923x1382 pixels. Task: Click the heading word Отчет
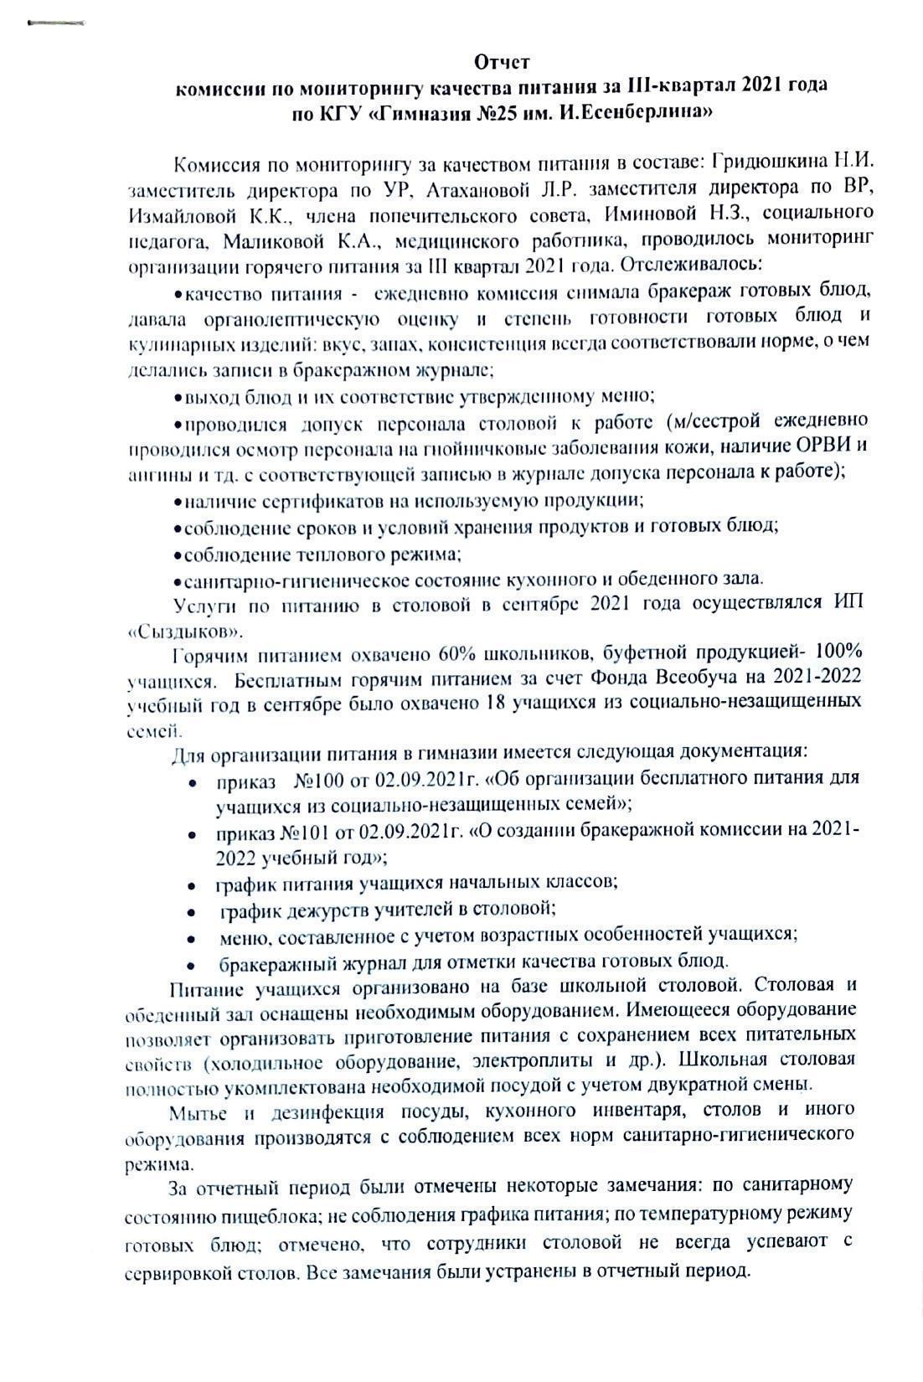pyautogui.click(x=503, y=63)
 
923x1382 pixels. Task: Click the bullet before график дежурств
pyautogui.click(x=193, y=910)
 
